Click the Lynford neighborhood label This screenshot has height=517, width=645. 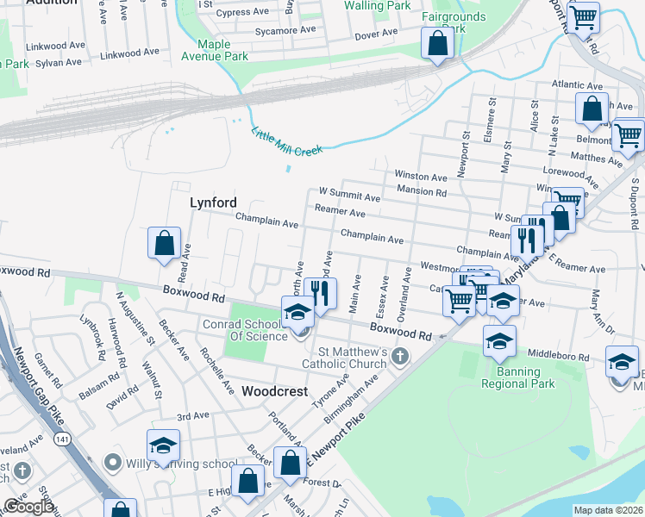click(x=213, y=202)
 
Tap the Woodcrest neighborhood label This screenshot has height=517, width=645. click(x=274, y=390)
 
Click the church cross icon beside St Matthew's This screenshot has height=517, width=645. click(x=399, y=356)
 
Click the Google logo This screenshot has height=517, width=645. click(x=28, y=507)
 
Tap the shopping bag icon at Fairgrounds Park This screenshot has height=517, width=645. click(x=437, y=44)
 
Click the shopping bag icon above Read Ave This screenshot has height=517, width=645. click(x=164, y=244)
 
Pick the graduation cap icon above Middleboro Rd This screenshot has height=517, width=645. click(x=499, y=342)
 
